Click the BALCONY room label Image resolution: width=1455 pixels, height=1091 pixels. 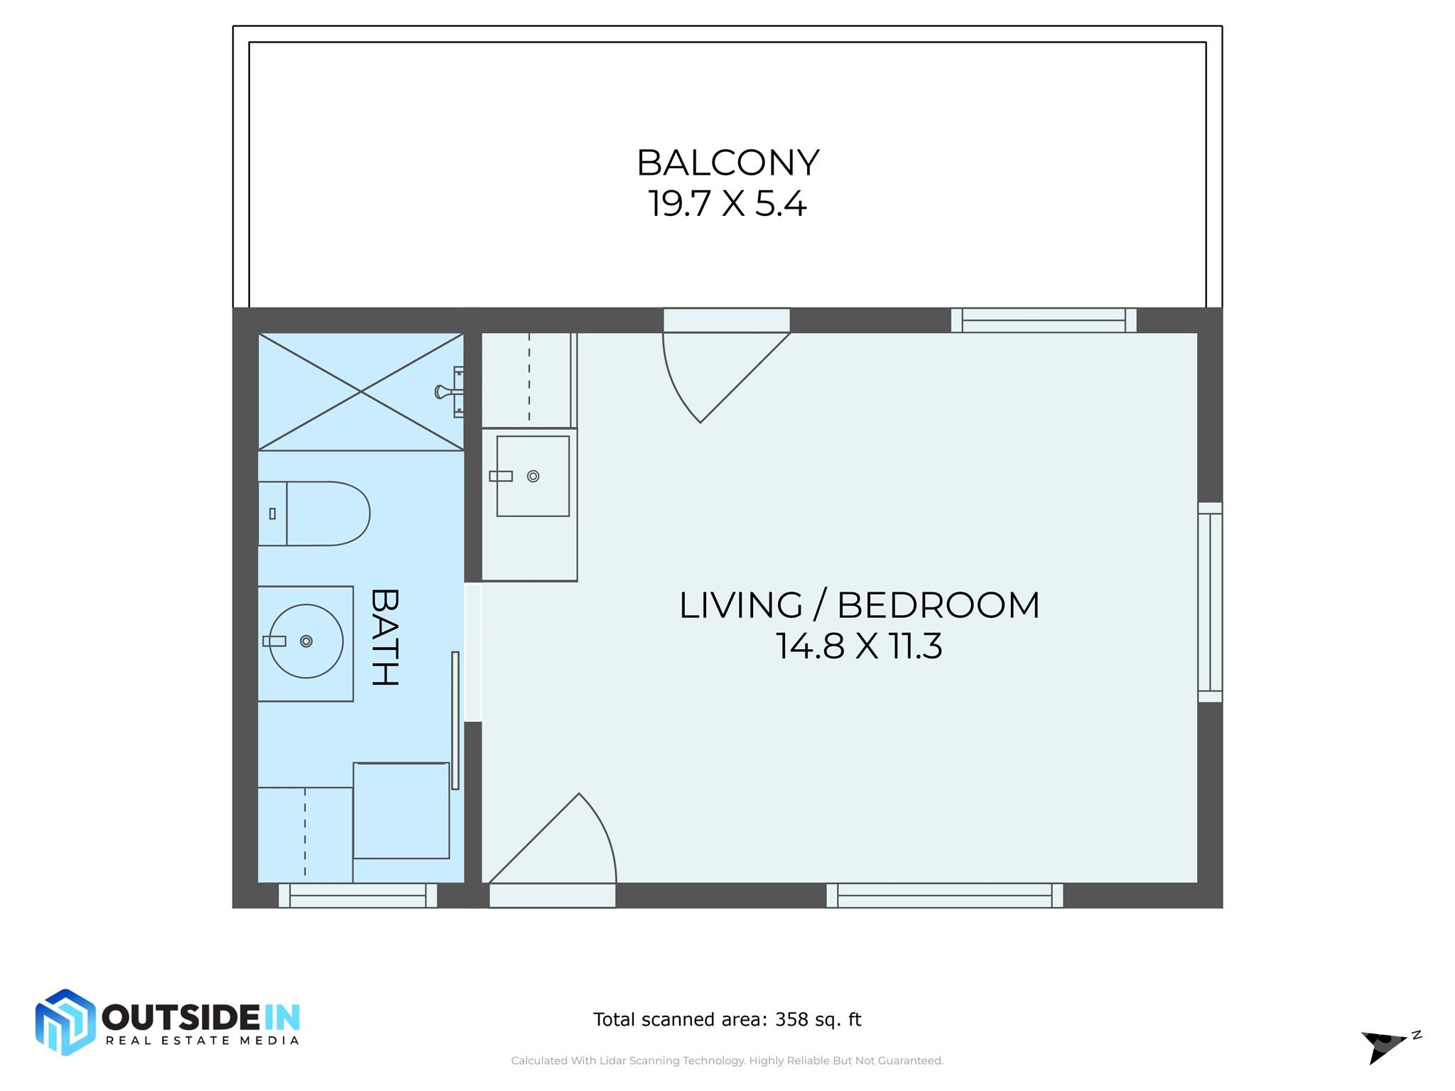point(727,163)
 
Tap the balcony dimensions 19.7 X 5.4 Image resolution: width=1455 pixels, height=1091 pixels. point(727,204)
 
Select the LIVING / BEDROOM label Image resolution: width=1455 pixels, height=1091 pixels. point(859,605)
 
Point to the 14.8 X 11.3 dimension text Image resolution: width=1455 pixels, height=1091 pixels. point(859,646)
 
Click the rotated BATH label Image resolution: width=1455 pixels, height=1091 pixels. point(384,637)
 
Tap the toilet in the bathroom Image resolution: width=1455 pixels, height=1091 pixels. point(313,514)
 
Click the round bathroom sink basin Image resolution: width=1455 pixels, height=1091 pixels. point(306,641)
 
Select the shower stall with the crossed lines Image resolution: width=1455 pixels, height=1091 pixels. point(361,391)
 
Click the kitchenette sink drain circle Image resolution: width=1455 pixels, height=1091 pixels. point(534,477)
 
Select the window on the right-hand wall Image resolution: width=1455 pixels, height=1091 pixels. point(1210,602)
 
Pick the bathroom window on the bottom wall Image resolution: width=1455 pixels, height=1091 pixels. point(357,896)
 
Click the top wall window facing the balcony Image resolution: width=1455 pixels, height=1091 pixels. point(1044,320)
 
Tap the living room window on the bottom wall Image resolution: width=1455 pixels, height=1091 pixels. point(945,896)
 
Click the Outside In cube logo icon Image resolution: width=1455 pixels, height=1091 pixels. point(65,1022)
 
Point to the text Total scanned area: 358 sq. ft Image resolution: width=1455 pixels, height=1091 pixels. point(727,1020)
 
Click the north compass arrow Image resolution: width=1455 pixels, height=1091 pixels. point(1383,1046)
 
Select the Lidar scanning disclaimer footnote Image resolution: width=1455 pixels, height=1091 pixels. point(727,1060)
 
